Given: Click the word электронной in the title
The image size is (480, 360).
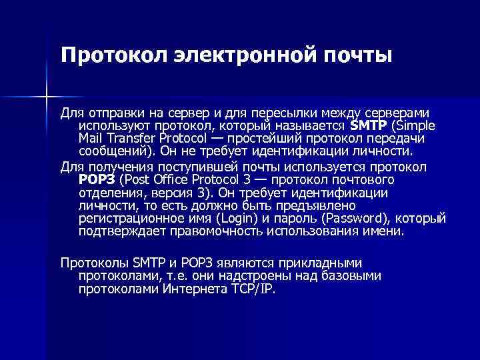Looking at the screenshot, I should pyautogui.click(x=226, y=53).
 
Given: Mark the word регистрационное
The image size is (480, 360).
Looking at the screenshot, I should pyautogui.click(x=127, y=219).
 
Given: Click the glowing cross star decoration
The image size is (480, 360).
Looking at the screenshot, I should pyautogui.click(x=47, y=97).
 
